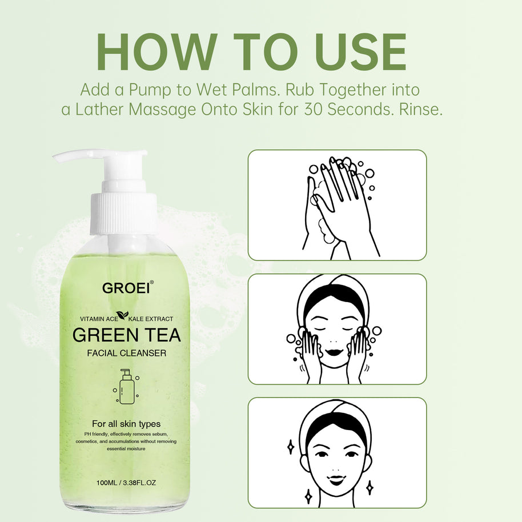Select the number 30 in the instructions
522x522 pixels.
314,109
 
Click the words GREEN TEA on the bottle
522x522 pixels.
127,335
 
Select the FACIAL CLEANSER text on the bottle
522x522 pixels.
127,353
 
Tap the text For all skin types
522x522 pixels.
126,424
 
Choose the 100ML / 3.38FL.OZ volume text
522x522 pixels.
126,483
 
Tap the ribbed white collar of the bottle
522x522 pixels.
123,213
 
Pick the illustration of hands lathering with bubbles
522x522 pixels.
340,208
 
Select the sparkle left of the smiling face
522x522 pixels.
290,447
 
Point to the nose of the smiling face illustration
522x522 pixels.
336,470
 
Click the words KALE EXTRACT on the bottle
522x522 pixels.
151,319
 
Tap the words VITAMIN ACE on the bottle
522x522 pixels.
99,319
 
